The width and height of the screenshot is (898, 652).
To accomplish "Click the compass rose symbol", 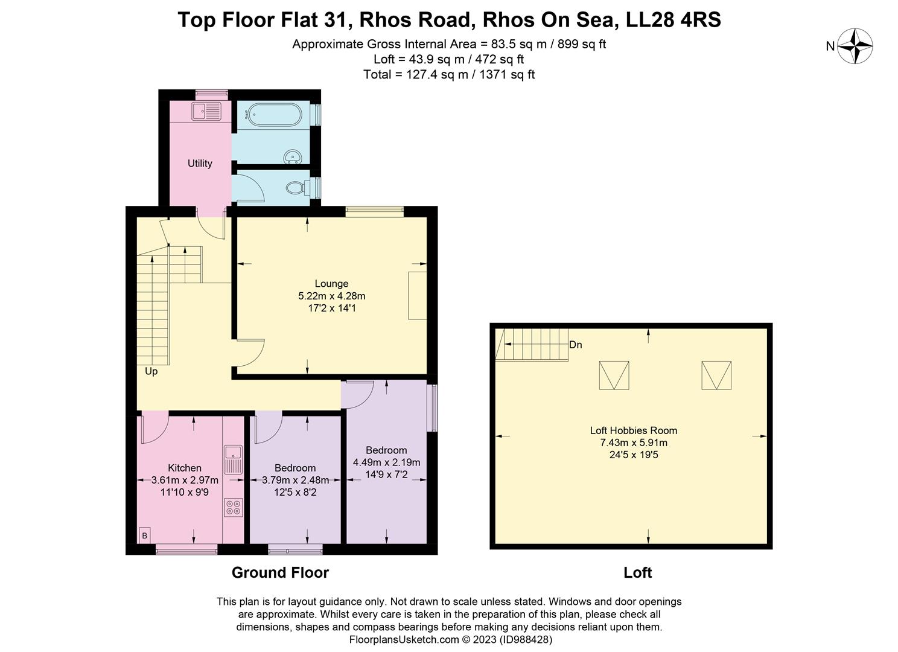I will click(857, 46).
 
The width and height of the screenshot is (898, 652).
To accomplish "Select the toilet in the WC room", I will click(296, 187).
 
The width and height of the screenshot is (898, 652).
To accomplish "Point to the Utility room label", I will click(200, 163).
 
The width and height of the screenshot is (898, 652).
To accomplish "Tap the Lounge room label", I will click(331, 283).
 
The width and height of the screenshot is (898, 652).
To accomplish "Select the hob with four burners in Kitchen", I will click(234, 507).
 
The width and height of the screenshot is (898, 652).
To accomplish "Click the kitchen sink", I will click(233, 459).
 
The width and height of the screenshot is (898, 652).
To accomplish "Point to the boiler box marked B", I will click(144, 535).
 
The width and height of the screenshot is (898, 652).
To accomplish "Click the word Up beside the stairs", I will click(151, 371).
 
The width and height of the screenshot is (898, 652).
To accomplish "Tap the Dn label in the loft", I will click(575, 345).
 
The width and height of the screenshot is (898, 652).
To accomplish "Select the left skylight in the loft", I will click(614, 375).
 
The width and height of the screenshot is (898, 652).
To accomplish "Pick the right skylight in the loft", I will click(716, 375).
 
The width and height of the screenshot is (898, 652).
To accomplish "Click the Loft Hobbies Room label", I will click(633, 430).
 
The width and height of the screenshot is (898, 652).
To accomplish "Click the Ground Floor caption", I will click(280, 572).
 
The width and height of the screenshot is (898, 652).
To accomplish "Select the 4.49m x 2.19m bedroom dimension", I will click(386, 462).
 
